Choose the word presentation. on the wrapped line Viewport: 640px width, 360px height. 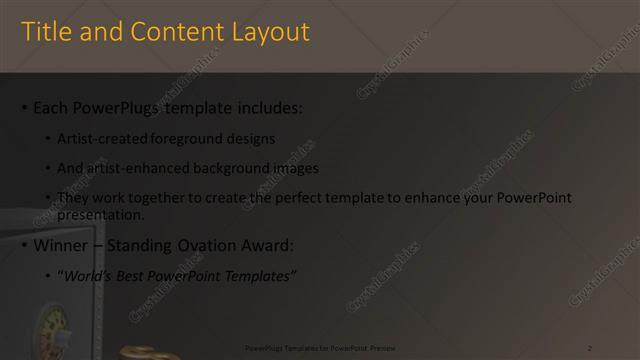(x=101, y=214)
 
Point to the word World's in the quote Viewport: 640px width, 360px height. (x=85, y=275)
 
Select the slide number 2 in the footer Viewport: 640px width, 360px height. (x=590, y=347)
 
